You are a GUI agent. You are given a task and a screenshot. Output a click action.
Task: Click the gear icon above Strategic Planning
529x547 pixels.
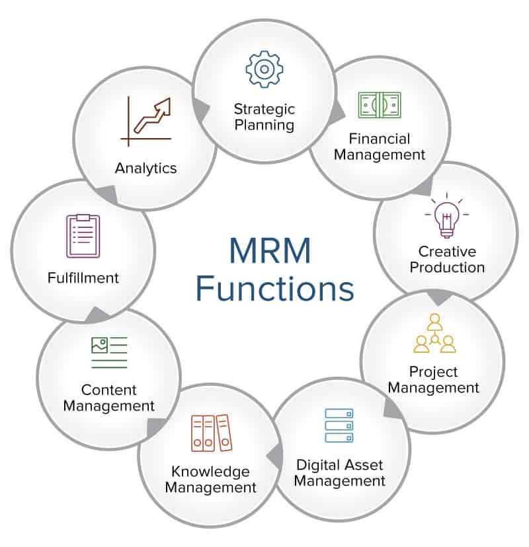264,69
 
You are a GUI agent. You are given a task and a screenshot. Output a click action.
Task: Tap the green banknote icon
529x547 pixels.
380,104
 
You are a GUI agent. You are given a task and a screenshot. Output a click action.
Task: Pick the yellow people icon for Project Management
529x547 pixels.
434,335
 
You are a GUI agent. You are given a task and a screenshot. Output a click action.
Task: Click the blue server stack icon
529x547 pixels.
339,425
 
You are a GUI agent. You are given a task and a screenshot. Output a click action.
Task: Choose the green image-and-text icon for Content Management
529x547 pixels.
109,352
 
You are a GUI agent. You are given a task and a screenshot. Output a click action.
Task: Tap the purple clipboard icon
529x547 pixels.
83,236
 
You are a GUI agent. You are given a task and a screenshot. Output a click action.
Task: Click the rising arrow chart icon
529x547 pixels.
147,121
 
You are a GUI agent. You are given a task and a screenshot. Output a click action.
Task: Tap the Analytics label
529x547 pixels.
146,168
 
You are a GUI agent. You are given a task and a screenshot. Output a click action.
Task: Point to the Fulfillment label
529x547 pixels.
83,277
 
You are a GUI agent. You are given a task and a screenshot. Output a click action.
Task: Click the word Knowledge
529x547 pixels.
210,472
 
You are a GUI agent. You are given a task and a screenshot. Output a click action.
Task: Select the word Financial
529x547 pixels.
380,139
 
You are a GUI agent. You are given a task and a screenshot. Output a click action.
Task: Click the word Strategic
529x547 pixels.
264,108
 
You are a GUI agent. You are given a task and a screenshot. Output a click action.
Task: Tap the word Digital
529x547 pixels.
317,464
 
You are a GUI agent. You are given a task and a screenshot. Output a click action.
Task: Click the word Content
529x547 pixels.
109,390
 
